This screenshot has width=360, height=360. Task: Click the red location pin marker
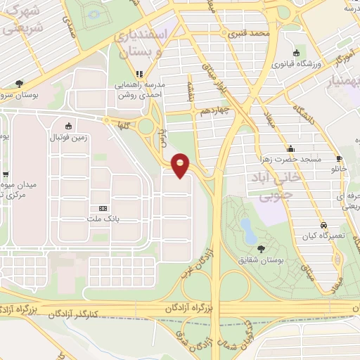[x=181, y=165]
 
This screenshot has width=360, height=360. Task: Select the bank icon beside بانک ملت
[x=103, y=209]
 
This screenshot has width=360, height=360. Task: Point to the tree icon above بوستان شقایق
[x=262, y=248]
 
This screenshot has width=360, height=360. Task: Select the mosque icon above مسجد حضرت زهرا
[x=289, y=149]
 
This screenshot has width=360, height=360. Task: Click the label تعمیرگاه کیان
[x=322, y=237]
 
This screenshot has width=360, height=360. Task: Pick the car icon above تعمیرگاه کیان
[x=323, y=226]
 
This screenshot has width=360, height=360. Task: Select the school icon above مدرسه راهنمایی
[x=139, y=73]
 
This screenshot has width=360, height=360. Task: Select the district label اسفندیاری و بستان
[x=160, y=42]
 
